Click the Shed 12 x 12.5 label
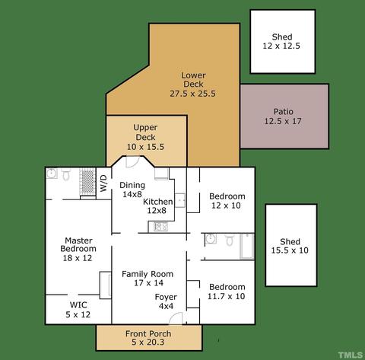pyautogui.click(x=281, y=41)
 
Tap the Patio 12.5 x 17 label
pyautogui.click(x=283, y=116)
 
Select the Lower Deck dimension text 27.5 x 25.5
pyautogui.click(x=192, y=94)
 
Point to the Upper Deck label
pyautogui.click(x=145, y=132)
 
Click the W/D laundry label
pyautogui.click(x=104, y=183)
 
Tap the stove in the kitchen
pyautogui.click(x=161, y=227)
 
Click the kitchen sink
pyautogui.click(x=180, y=200)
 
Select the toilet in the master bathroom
pyautogui.click(x=66, y=174)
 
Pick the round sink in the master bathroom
pyautogui.click(x=52, y=174)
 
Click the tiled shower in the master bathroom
pyautogui.click(x=87, y=182)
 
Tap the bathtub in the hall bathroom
pyautogui.click(x=247, y=247)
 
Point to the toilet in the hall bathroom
pyautogui.click(x=230, y=240)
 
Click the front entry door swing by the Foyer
pyautogui.click(x=176, y=318)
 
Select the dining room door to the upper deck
pyautogui.click(x=133, y=162)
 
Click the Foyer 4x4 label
pyautogui.click(x=166, y=301)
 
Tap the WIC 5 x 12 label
pyautogui.click(x=78, y=310)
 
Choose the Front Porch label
pyautogui.click(x=148, y=333)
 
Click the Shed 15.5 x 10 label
pyautogui.click(x=290, y=246)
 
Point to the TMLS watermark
pyautogui.click(x=350, y=355)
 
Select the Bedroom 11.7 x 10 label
pyautogui.click(x=227, y=292)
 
